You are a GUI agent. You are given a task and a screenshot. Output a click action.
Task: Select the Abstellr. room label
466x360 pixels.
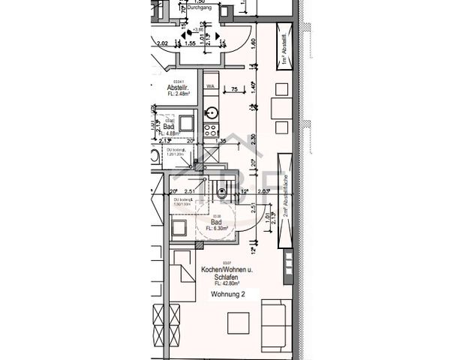click(x=178, y=86)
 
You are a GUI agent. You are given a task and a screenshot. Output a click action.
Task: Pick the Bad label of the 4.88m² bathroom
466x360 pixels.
click(x=169, y=127)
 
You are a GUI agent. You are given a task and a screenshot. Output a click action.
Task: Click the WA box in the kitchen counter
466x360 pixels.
click(x=212, y=87)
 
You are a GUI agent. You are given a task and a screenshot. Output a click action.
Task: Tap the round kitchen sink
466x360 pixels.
click(x=212, y=113)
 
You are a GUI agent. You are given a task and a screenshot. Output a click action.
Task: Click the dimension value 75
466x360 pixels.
click(x=234, y=90)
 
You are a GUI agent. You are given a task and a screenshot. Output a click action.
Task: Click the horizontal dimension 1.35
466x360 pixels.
click(x=221, y=141)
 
